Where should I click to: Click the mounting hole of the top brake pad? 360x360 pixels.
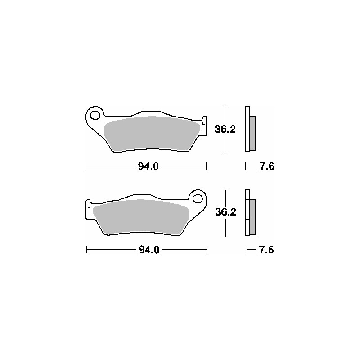(x=95, y=115)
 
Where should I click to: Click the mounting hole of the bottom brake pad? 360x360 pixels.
(x=197, y=198)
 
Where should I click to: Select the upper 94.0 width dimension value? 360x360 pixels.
(x=148, y=167)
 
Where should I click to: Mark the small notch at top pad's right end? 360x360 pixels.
(x=203, y=121)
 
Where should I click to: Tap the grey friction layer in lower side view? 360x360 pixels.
(x=252, y=216)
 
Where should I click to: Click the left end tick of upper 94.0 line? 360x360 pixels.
(x=86, y=167)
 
